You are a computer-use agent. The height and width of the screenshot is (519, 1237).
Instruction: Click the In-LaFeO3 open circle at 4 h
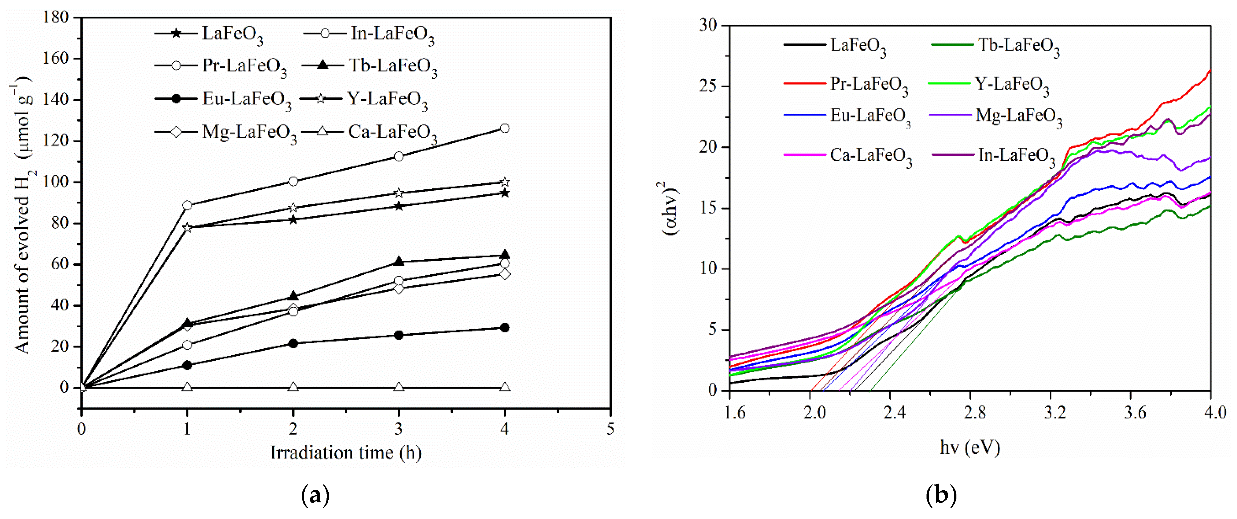tap(504, 128)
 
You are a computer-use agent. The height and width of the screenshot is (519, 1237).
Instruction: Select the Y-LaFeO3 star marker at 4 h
tap(504, 182)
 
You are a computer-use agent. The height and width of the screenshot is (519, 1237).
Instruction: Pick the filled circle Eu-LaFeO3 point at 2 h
tap(293, 343)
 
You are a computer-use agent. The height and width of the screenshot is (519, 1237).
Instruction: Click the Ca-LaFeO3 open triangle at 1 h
tap(187, 387)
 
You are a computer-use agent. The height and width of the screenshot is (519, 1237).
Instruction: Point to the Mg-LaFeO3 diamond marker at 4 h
tap(504, 274)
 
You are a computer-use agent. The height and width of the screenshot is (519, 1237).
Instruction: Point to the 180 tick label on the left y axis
tap(56, 17)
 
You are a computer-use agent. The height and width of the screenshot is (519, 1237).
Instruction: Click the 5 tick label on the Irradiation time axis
tap(610, 429)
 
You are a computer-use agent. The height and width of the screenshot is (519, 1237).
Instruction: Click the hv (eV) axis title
tap(970, 447)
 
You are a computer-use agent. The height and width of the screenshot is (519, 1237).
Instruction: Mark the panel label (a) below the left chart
tap(315, 495)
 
